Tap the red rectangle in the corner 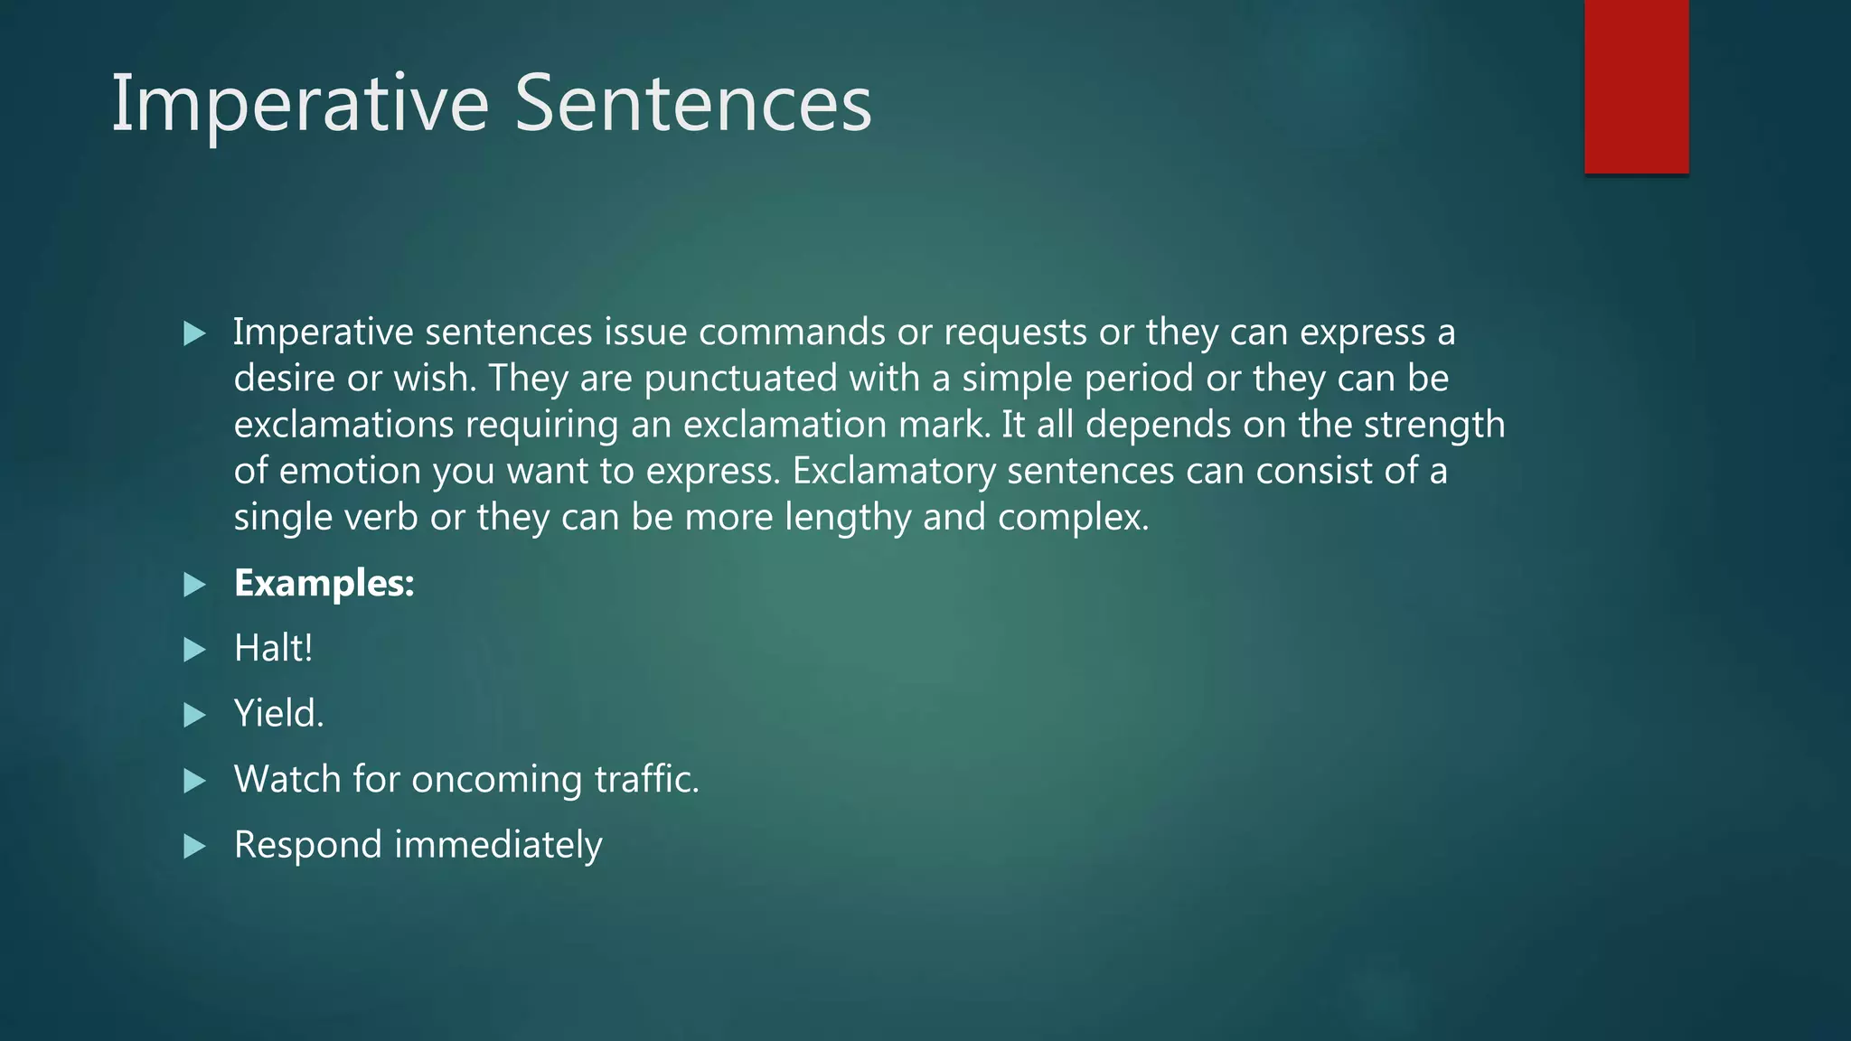[1636, 87]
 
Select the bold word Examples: [324, 584]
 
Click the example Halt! [273, 649]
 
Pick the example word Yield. [278, 714]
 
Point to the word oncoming [496, 780]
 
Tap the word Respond [307, 846]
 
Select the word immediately [498, 846]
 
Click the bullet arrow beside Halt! [194, 650]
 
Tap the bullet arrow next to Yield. [194, 716]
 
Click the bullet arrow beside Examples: [194, 585]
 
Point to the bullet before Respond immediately [194, 847]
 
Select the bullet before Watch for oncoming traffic [194, 781]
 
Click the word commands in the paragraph [792, 333]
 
